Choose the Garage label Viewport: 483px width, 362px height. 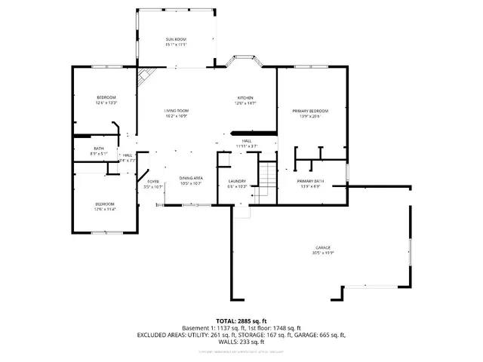[327, 250]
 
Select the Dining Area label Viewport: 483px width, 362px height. [190, 180]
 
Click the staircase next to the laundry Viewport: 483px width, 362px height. [265, 179]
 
